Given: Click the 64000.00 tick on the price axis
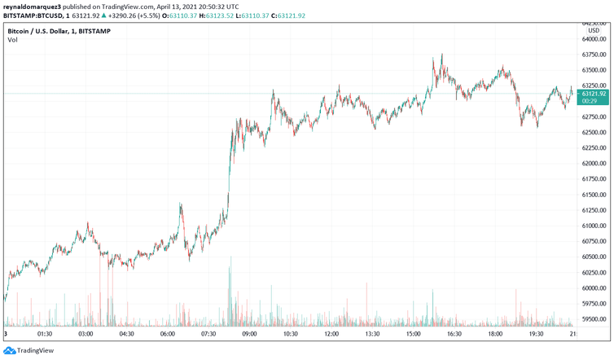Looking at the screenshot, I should tap(592, 39).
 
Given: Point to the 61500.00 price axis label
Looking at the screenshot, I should tap(592, 195).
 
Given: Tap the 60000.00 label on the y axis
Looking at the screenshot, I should tap(592, 288).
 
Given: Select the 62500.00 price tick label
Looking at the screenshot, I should tap(592, 133).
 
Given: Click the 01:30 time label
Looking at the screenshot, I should tap(45, 334).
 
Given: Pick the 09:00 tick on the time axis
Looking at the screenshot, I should tap(249, 334).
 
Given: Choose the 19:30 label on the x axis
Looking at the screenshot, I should tap(535, 334).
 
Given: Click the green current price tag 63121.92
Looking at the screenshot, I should tap(592, 94).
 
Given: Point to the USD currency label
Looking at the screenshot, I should tap(594, 31).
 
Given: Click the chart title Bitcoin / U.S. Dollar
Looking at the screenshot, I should tap(46, 31).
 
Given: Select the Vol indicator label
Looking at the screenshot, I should tap(13, 41).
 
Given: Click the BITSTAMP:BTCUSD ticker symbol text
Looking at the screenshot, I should tap(31, 15).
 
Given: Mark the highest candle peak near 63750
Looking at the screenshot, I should tap(441, 55).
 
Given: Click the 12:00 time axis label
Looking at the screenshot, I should tap(331, 334).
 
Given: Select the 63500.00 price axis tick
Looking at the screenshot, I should tap(592, 71).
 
